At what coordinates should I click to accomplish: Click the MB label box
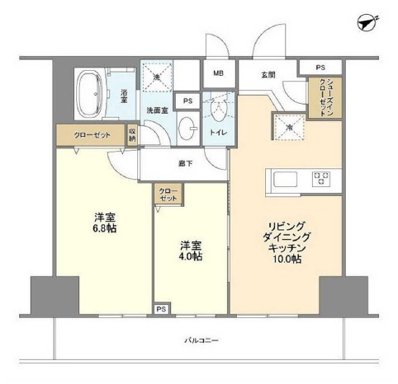pos(218,73)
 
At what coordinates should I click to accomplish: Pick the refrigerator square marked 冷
pos(290,127)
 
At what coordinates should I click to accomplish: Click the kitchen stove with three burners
pos(322,177)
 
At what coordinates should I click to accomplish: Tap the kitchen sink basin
pos(282,178)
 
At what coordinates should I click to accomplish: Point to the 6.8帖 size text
pos(104,228)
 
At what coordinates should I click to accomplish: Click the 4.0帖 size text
pos(192,256)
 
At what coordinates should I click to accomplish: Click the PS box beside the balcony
pos(160,311)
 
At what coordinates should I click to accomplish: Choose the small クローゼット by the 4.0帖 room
pos(168,195)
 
